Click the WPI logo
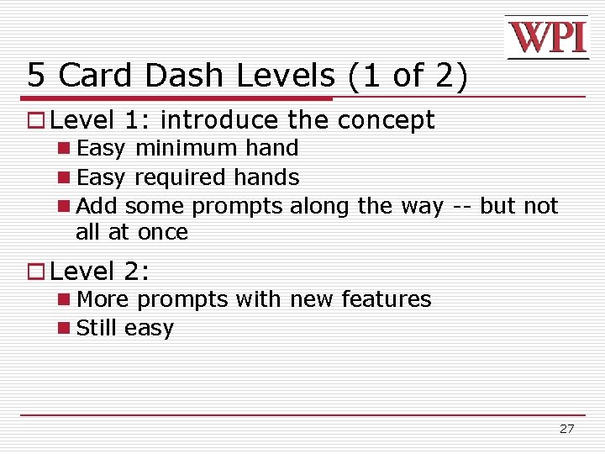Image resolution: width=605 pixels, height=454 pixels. coord(546,37)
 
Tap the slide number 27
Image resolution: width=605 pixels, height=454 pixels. coord(567,429)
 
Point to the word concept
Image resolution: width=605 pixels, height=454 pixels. coord(386,120)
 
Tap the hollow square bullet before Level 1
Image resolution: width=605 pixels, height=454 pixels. coord(36,121)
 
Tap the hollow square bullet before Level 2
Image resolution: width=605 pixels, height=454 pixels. coord(36,272)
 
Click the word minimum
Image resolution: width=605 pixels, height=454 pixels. coord(186,149)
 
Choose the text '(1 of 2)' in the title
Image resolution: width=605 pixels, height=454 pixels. coord(407,76)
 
